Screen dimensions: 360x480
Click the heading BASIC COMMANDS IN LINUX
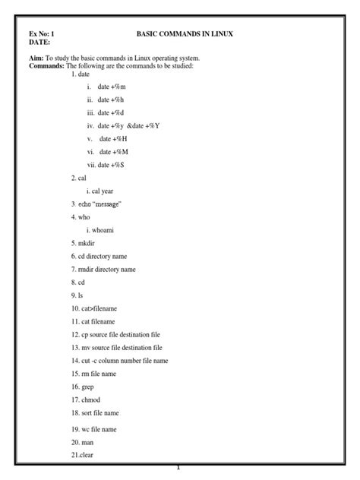(185, 34)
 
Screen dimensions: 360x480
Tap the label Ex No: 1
(42, 34)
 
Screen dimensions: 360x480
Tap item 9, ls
(77, 295)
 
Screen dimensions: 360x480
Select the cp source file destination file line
(116, 334)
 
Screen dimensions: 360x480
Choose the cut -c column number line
(120, 361)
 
